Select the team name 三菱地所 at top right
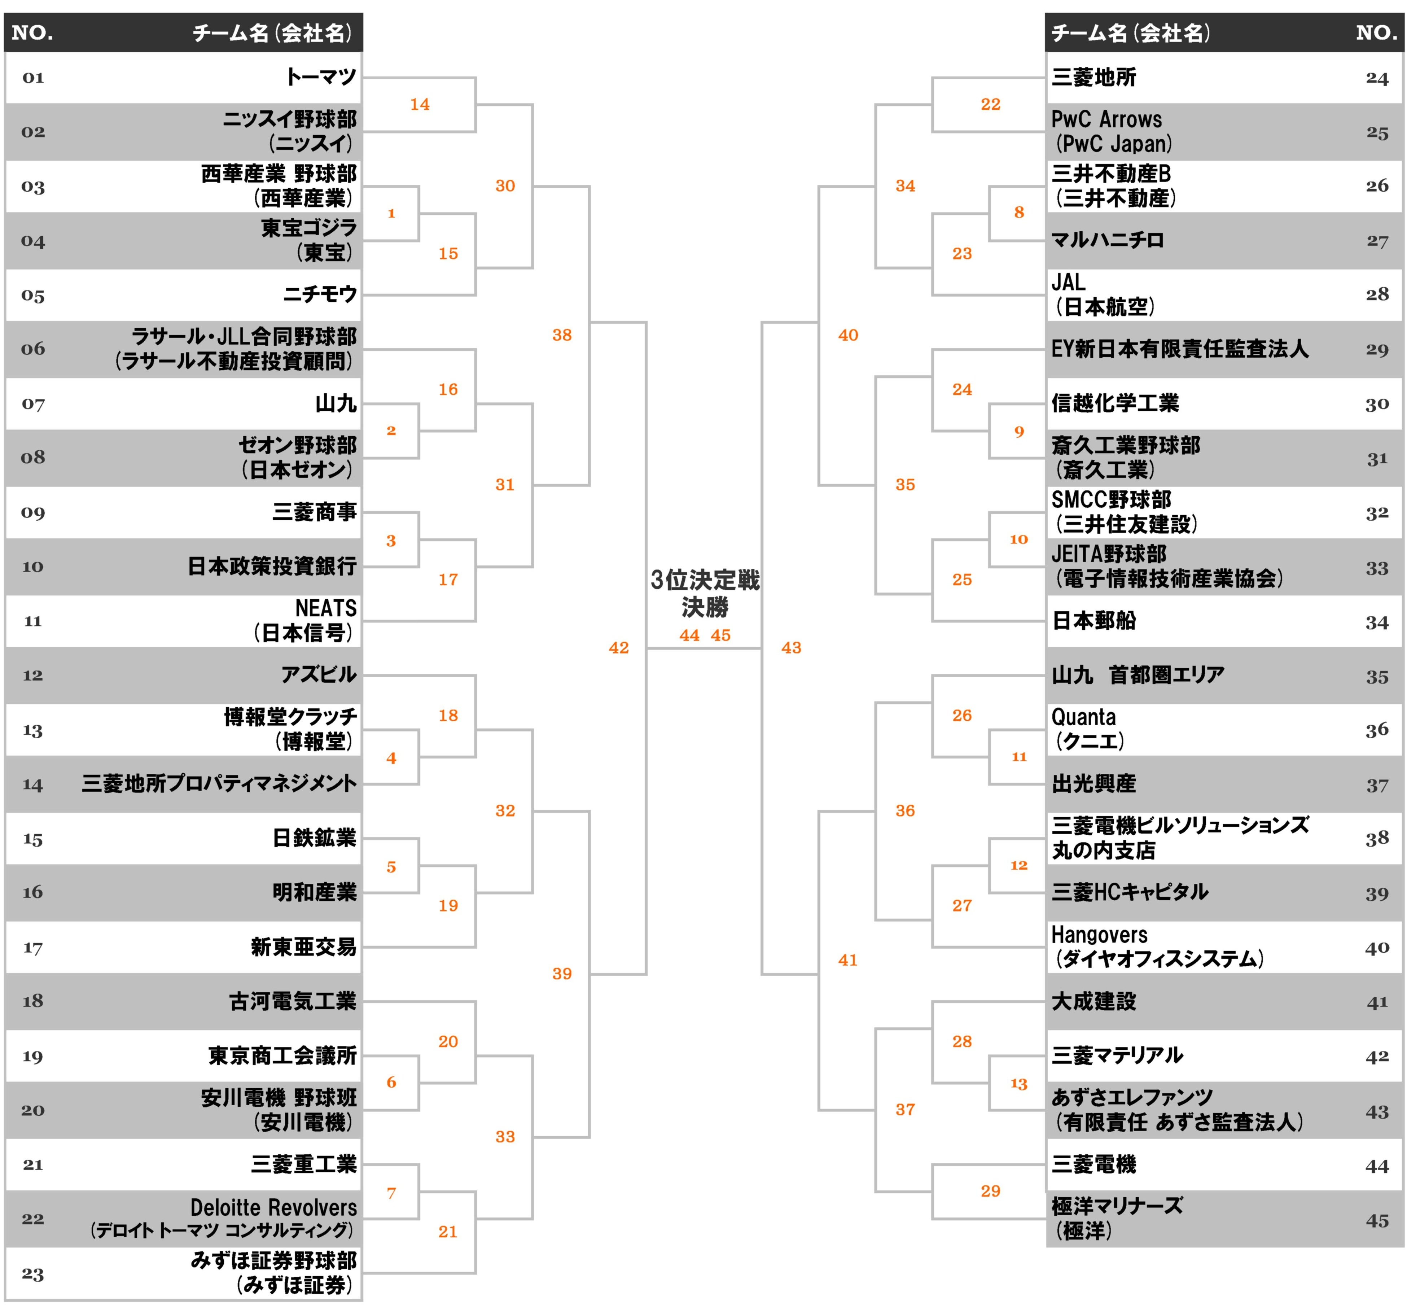(x=1093, y=77)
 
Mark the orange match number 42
(x=619, y=648)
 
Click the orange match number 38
(x=562, y=335)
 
